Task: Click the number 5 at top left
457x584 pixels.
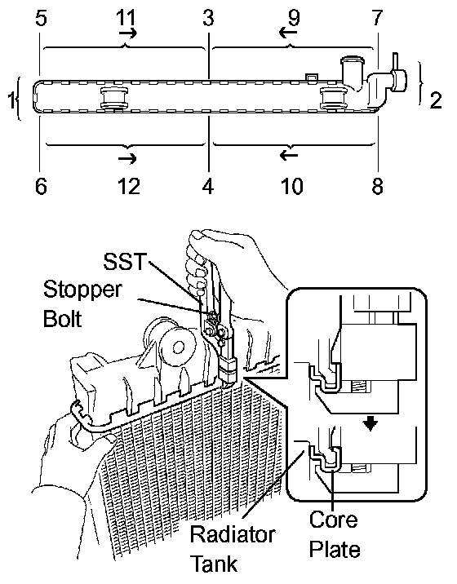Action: tap(41, 18)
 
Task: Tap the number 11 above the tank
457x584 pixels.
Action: tap(126, 17)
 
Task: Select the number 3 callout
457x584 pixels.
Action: tap(208, 18)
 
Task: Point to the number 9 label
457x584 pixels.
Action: tap(294, 18)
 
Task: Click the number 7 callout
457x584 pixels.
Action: tap(377, 18)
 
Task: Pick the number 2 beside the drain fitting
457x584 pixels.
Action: tap(436, 100)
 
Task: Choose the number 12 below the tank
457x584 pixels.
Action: tap(129, 186)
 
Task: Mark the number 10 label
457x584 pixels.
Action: tap(292, 186)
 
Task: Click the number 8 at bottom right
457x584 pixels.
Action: tap(377, 186)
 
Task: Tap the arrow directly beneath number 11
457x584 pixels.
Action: tap(128, 33)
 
